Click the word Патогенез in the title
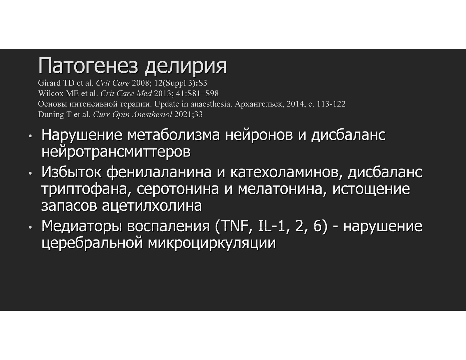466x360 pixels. [88, 66]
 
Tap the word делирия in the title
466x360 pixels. [186, 66]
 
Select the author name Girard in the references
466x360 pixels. [49, 83]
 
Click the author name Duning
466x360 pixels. [51, 115]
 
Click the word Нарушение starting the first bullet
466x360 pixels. [82, 135]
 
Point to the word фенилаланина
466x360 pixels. [159, 172]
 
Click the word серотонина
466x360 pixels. [178, 189]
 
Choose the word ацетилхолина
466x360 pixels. [152, 206]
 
